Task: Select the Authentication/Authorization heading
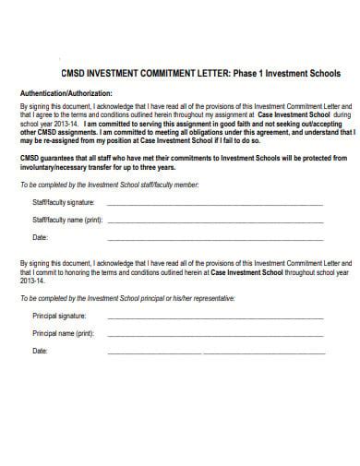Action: (66, 93)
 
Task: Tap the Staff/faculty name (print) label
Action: (67, 221)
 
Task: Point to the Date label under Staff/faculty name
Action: (40, 237)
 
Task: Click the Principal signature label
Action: (59, 317)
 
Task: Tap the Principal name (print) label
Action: (63, 333)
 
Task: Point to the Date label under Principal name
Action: (40, 351)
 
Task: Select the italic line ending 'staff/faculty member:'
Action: (109, 185)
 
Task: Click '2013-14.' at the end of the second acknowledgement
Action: (32, 281)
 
